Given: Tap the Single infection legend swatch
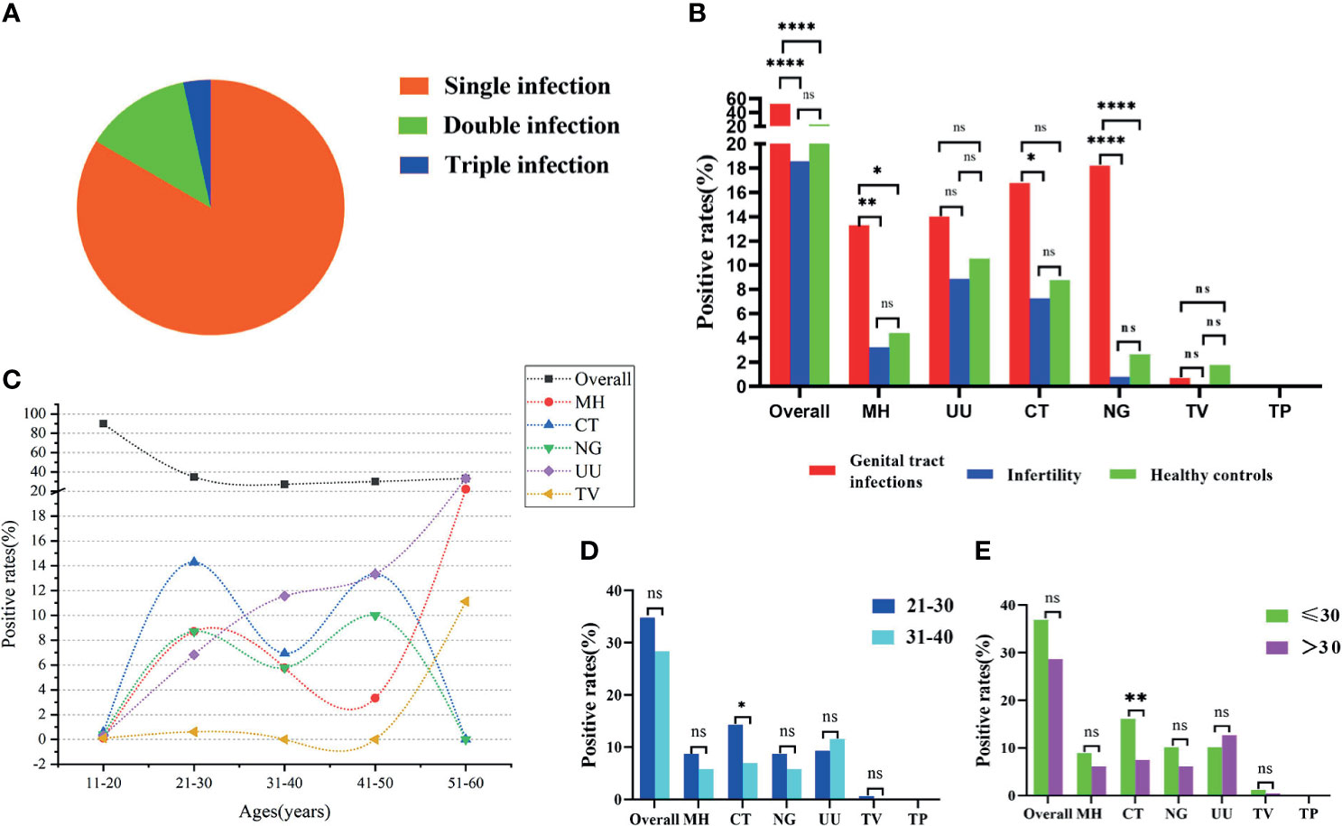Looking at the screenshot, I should point(413,86).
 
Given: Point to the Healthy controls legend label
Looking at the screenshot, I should point(1210,475).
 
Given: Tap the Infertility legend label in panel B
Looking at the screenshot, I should point(1043,475).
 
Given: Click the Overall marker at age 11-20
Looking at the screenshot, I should point(104,423).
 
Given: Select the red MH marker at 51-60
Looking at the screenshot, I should point(466,489).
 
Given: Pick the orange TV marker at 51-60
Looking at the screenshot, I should point(466,601).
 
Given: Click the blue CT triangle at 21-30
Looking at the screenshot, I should point(194,561).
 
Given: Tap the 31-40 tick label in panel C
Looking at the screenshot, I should point(284,783).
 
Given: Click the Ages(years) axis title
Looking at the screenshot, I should point(284,812).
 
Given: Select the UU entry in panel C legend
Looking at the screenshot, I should point(588,471).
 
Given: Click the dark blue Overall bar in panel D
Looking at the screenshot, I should point(647,708).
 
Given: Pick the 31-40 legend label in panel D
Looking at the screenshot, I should point(930,636).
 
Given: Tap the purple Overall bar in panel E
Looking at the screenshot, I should point(1054,727).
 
